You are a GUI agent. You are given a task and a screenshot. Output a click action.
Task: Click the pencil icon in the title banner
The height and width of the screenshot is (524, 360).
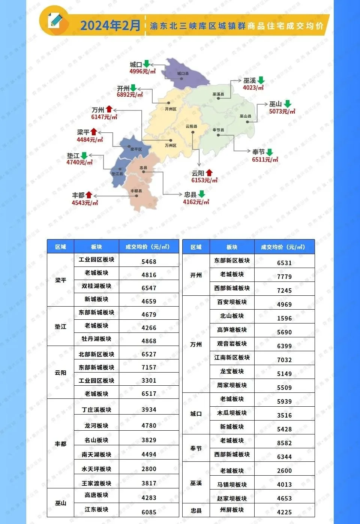coord(55,21)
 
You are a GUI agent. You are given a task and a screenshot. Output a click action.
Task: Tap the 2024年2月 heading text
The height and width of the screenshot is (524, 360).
coord(110,25)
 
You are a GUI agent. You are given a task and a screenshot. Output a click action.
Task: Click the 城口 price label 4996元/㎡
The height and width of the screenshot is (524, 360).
coord(142,71)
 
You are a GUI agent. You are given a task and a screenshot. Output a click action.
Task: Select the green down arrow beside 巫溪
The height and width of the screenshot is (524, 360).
coord(261,80)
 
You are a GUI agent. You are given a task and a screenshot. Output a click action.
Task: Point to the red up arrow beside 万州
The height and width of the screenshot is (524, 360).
coord(109,109)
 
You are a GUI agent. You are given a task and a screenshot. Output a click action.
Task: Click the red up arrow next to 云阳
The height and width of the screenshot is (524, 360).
coord(209,172)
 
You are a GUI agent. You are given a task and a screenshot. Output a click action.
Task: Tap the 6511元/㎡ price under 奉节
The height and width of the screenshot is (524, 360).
coord(265,159)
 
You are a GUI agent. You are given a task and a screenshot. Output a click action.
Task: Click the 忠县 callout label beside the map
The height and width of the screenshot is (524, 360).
coord(190,195)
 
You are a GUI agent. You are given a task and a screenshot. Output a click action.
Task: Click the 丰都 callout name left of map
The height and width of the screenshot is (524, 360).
coord(78,195)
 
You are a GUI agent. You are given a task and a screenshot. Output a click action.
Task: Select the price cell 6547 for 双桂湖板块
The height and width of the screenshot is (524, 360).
coord(149,288)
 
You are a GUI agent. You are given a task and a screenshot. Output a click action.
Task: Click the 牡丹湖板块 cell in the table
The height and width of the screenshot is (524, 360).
coord(96,339)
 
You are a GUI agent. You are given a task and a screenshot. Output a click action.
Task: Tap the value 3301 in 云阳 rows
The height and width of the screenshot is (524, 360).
coord(149,380)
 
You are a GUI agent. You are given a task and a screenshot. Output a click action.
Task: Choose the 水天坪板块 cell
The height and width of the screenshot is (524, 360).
coord(96,469)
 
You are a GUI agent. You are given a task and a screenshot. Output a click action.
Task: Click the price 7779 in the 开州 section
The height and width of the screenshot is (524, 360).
coord(284,277)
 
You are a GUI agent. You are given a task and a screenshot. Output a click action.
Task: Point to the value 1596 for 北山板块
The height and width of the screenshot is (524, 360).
coord(284,318)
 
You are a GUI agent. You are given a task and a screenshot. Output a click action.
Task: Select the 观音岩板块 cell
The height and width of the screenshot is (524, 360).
coord(232,344)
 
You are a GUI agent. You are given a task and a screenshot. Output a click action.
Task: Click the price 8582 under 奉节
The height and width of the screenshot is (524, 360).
coord(284,443)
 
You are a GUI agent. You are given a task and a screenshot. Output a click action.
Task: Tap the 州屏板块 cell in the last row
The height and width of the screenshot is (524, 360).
coord(232,510)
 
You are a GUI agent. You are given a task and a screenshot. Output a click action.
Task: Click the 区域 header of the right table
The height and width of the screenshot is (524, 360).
coord(196,247)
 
